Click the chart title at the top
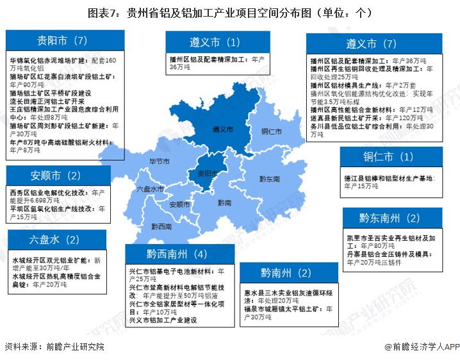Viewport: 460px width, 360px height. (229, 12)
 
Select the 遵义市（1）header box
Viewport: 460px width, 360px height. (214, 42)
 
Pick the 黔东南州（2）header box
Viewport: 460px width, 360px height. (390, 218)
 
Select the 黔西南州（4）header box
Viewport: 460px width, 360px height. (177, 254)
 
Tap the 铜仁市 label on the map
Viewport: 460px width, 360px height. (272, 131)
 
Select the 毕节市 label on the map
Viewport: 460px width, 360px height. (160, 160)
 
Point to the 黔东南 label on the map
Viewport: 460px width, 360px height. (269, 179)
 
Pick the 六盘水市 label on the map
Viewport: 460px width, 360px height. (150, 190)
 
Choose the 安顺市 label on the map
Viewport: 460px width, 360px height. (180, 204)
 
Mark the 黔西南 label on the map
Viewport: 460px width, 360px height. (161, 226)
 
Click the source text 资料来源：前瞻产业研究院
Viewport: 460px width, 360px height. (54, 347)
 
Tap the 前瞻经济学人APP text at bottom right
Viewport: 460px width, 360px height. (422, 347)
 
